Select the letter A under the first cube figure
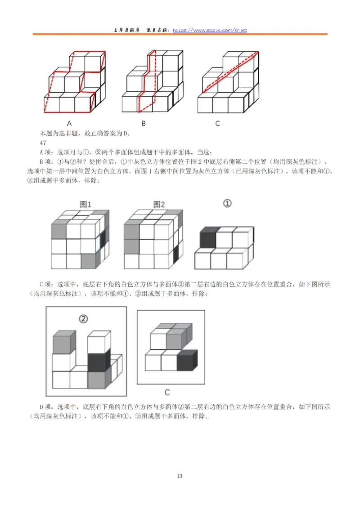click(x=70, y=123)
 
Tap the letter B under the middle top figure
click(x=143, y=123)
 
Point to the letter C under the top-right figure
click(x=217, y=123)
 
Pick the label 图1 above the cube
click(x=85, y=205)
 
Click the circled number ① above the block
click(x=227, y=204)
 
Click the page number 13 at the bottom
click(x=180, y=476)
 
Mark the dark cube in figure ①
click(x=207, y=238)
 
